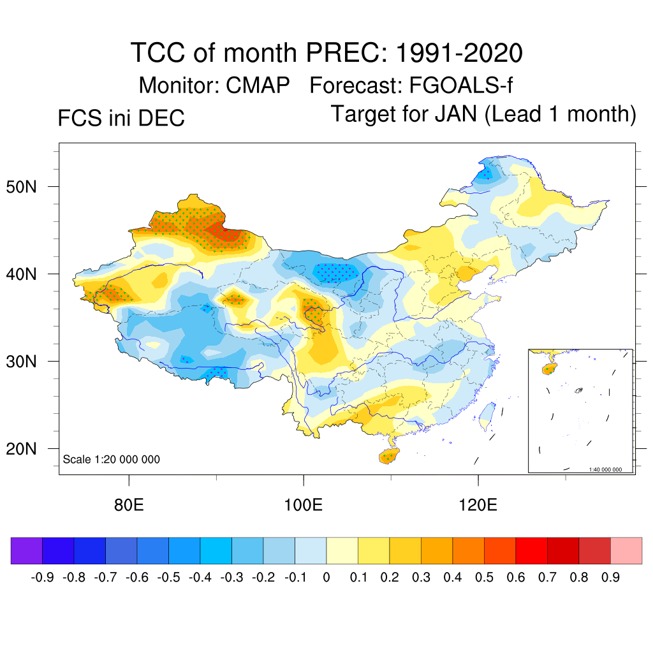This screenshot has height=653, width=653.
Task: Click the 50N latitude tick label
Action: point(26,187)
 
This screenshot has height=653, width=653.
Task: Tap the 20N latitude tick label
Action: point(26,449)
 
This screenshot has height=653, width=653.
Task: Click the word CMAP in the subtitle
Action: point(258,85)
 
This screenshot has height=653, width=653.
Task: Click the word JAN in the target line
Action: point(457,114)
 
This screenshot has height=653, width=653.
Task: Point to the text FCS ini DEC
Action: point(121,118)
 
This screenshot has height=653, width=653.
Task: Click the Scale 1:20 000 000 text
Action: point(112,459)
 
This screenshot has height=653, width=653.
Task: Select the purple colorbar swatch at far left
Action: point(27,550)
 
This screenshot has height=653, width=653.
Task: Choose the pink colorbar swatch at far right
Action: point(626,550)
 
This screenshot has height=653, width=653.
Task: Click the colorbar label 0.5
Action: point(485,578)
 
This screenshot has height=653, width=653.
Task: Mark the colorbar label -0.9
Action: point(42,578)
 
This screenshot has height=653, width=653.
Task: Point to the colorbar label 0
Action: point(326,578)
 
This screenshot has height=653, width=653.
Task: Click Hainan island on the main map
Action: point(387,456)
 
